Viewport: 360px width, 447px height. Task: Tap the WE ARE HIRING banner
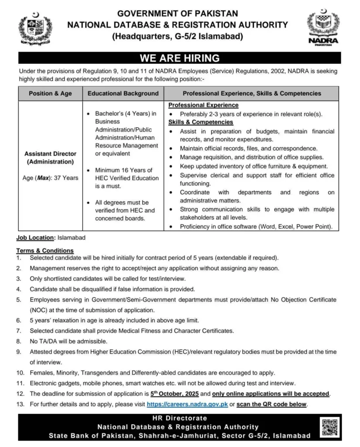coord(179,58)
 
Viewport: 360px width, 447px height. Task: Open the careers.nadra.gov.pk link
coord(188,404)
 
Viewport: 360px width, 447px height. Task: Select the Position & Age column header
coord(50,93)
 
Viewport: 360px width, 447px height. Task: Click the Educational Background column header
coord(123,93)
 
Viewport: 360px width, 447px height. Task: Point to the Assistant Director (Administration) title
coord(50,158)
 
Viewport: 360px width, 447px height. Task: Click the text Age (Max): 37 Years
coord(50,178)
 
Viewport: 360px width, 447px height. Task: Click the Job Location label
coord(36,238)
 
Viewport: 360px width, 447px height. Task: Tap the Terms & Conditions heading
coord(45,251)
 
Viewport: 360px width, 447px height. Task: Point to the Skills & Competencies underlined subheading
coord(201,122)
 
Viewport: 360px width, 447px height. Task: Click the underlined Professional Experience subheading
coord(203,105)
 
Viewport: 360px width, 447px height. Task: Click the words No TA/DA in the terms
coord(42,341)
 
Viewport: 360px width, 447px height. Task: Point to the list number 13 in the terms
coord(20,404)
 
